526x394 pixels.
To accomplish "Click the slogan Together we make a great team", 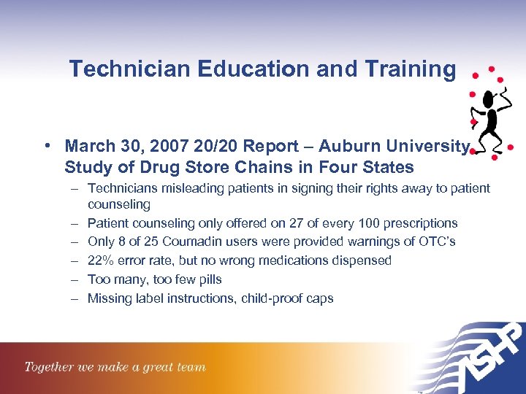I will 115,366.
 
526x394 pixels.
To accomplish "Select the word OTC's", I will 437,242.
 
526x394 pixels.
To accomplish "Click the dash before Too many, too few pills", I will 75,279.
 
